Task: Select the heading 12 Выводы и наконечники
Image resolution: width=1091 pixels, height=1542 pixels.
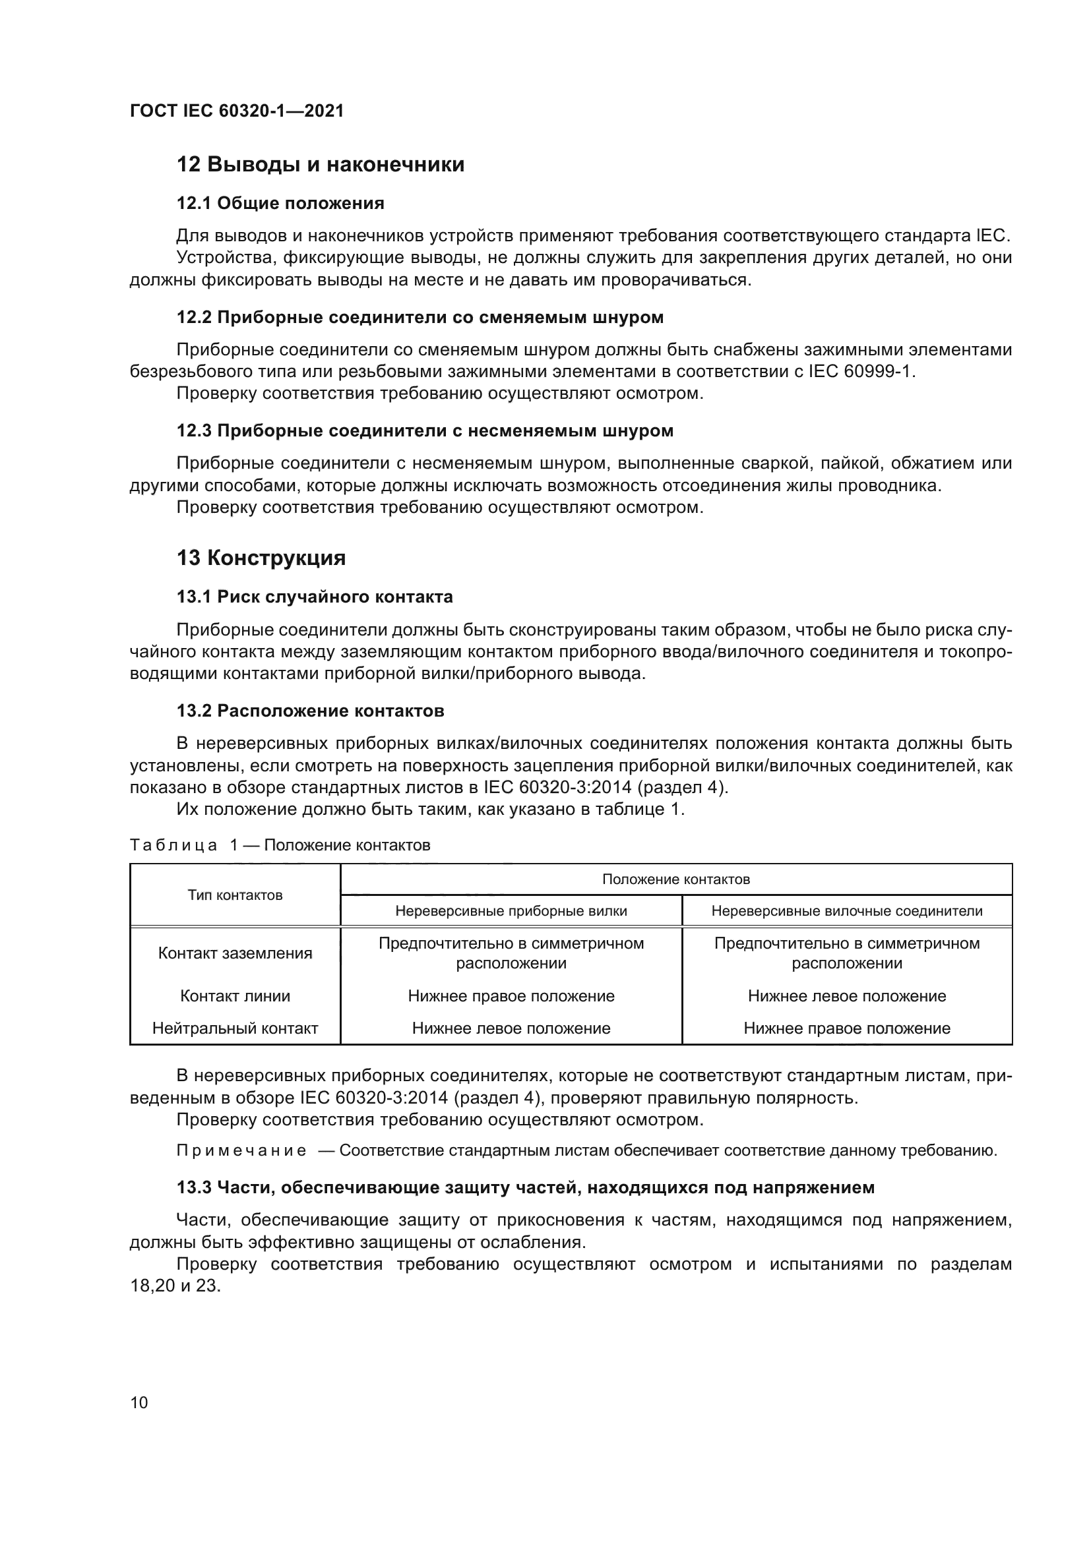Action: click(321, 165)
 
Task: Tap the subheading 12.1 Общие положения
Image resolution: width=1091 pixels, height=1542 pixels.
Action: click(280, 204)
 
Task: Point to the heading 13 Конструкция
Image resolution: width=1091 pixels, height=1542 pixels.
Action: click(261, 558)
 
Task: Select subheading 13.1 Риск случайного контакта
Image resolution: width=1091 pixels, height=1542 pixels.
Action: click(315, 597)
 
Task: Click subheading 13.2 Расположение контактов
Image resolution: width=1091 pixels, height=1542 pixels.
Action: click(311, 711)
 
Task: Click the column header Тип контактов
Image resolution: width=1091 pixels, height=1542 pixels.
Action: click(235, 895)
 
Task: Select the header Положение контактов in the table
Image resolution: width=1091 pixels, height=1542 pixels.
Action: click(676, 880)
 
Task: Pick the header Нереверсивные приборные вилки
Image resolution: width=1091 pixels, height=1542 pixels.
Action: click(511, 911)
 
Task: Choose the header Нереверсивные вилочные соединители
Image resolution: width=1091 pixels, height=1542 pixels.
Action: click(846, 911)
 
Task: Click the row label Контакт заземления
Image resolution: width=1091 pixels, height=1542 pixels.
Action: click(235, 954)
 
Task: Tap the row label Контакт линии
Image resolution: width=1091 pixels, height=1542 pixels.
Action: click(235, 996)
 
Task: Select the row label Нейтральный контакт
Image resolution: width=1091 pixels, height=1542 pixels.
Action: click(235, 1028)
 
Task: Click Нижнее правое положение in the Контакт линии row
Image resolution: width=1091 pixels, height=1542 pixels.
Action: click(511, 996)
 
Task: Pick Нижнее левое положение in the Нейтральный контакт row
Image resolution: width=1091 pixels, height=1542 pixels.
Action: click(511, 1028)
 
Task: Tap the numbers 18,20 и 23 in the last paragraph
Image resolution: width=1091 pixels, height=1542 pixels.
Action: click(175, 1287)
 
